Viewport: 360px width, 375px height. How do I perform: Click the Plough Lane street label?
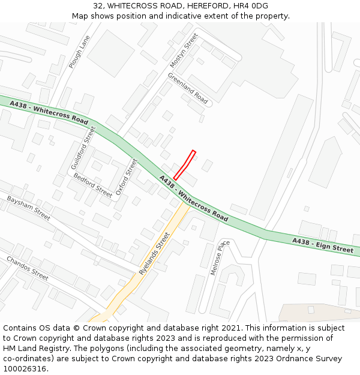coord(79,51)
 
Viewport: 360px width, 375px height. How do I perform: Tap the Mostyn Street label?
coord(184,50)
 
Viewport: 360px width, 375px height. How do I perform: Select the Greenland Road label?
coord(188,88)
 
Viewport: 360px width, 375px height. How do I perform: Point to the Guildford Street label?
coord(83,148)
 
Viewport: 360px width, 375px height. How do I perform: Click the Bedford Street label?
coord(92,185)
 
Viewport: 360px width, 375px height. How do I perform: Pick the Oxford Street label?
coord(126,178)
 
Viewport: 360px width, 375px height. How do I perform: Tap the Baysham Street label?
coord(29,208)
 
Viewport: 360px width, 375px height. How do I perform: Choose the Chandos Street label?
coord(27,268)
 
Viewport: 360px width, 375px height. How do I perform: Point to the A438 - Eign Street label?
coord(323,245)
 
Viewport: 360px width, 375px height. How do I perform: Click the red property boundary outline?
coord(185,165)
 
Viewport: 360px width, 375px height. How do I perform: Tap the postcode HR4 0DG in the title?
coord(252,6)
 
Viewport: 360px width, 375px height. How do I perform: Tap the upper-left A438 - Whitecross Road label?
coord(49,111)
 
